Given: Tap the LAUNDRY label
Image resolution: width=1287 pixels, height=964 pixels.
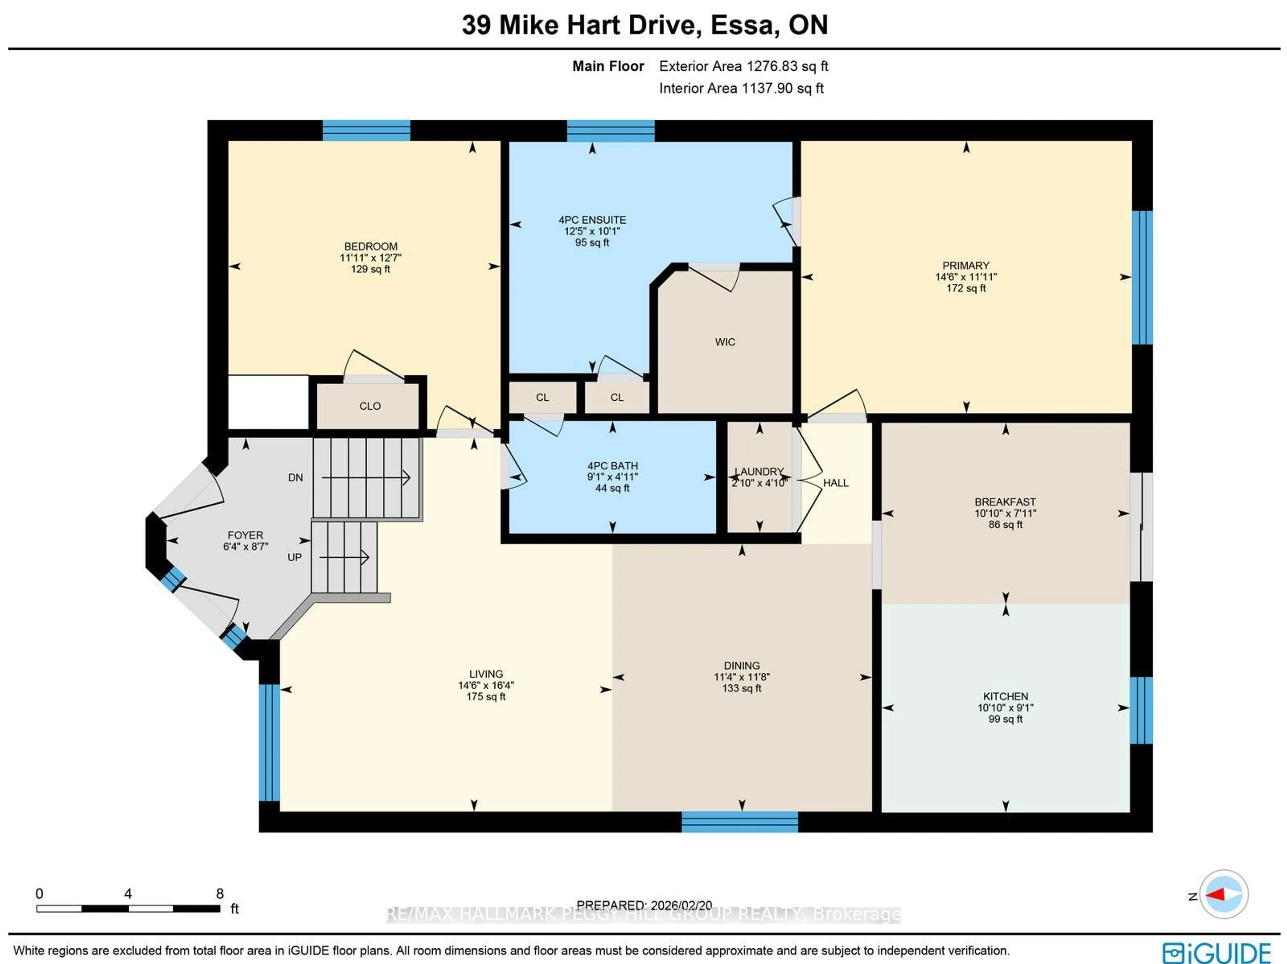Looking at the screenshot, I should coord(759,471).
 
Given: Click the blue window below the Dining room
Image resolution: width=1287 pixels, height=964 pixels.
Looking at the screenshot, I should coord(739,822).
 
